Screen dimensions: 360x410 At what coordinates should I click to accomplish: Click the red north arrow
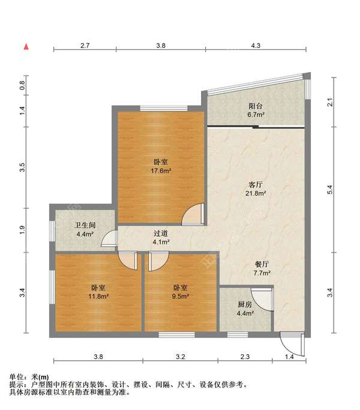26,47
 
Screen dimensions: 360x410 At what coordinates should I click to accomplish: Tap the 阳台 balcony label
256,106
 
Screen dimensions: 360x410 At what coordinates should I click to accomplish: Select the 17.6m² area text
161,170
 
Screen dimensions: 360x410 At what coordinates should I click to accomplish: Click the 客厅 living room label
256,185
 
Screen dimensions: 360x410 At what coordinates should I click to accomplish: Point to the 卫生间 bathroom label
85,225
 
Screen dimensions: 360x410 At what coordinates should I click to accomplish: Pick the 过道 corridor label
161,234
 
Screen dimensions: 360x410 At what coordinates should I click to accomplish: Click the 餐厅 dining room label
262,264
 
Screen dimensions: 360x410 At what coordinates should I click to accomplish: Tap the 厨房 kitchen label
245,304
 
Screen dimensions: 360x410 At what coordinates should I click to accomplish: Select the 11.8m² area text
98,297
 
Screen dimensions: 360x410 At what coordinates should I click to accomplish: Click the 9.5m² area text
181,297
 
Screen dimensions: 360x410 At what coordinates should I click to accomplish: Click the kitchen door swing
262,299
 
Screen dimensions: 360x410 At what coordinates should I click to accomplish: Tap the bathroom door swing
109,238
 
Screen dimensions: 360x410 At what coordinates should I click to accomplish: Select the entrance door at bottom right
292,343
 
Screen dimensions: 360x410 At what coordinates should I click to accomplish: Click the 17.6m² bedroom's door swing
193,214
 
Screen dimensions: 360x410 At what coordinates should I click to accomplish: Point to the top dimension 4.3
256,46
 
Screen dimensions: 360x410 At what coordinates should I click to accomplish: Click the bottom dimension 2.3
245,357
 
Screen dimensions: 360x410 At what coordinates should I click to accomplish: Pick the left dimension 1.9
22,230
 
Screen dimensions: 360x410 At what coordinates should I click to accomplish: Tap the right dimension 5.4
330,190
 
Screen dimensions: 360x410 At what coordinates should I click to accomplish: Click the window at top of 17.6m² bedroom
164,108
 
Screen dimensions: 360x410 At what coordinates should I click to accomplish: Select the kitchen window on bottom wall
238,334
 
